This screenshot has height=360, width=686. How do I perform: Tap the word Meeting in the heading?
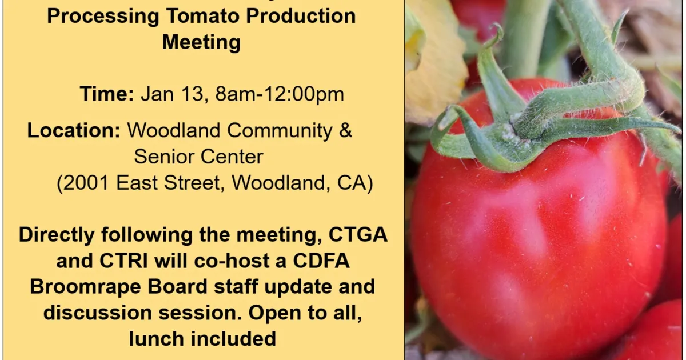pyautogui.click(x=201, y=42)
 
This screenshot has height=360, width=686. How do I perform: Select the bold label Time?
pyautogui.click(x=107, y=94)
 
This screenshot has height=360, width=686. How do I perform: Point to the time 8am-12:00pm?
pyautogui.click(x=280, y=94)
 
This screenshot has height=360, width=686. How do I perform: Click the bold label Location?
pyautogui.click(x=74, y=130)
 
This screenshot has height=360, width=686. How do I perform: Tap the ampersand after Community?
pyautogui.click(x=345, y=130)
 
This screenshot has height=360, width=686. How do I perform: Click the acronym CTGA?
pyautogui.click(x=358, y=235)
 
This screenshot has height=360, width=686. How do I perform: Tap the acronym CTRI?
pyautogui.click(x=123, y=261)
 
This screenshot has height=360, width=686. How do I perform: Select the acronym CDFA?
pyautogui.click(x=321, y=261)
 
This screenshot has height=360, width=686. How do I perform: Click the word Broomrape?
pyautogui.click(x=85, y=286)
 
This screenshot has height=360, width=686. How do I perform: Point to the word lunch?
pyautogui.click(x=156, y=339)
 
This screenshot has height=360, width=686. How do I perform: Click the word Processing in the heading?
pyautogui.click(x=103, y=16)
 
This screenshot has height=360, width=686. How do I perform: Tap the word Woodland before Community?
pyautogui.click(x=174, y=130)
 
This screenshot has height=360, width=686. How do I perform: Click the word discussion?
pyautogui.click(x=98, y=313)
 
